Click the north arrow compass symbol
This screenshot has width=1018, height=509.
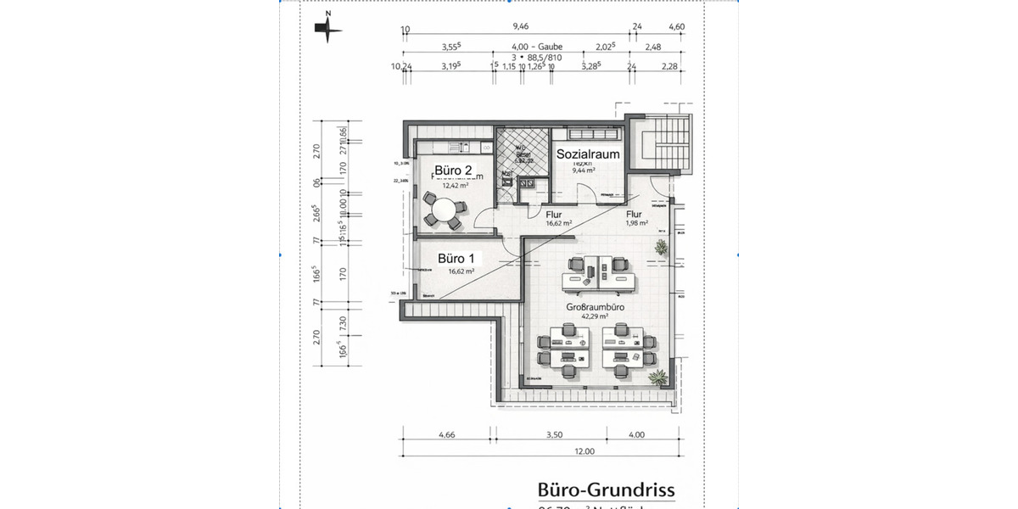pos(328,29)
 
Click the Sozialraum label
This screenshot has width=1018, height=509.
pos(588,154)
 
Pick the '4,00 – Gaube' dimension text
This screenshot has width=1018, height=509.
pos(537,47)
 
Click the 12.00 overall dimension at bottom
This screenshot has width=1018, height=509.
pos(584,451)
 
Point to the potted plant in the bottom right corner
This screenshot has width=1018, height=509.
pos(656,376)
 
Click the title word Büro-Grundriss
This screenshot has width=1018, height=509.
pos(606,490)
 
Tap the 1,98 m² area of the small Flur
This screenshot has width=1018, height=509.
pos(637,224)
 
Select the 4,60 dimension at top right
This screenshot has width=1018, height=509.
pos(676,27)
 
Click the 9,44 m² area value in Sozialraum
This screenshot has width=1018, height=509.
pos(584,171)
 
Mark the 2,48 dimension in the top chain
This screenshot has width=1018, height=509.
pos(652,47)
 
